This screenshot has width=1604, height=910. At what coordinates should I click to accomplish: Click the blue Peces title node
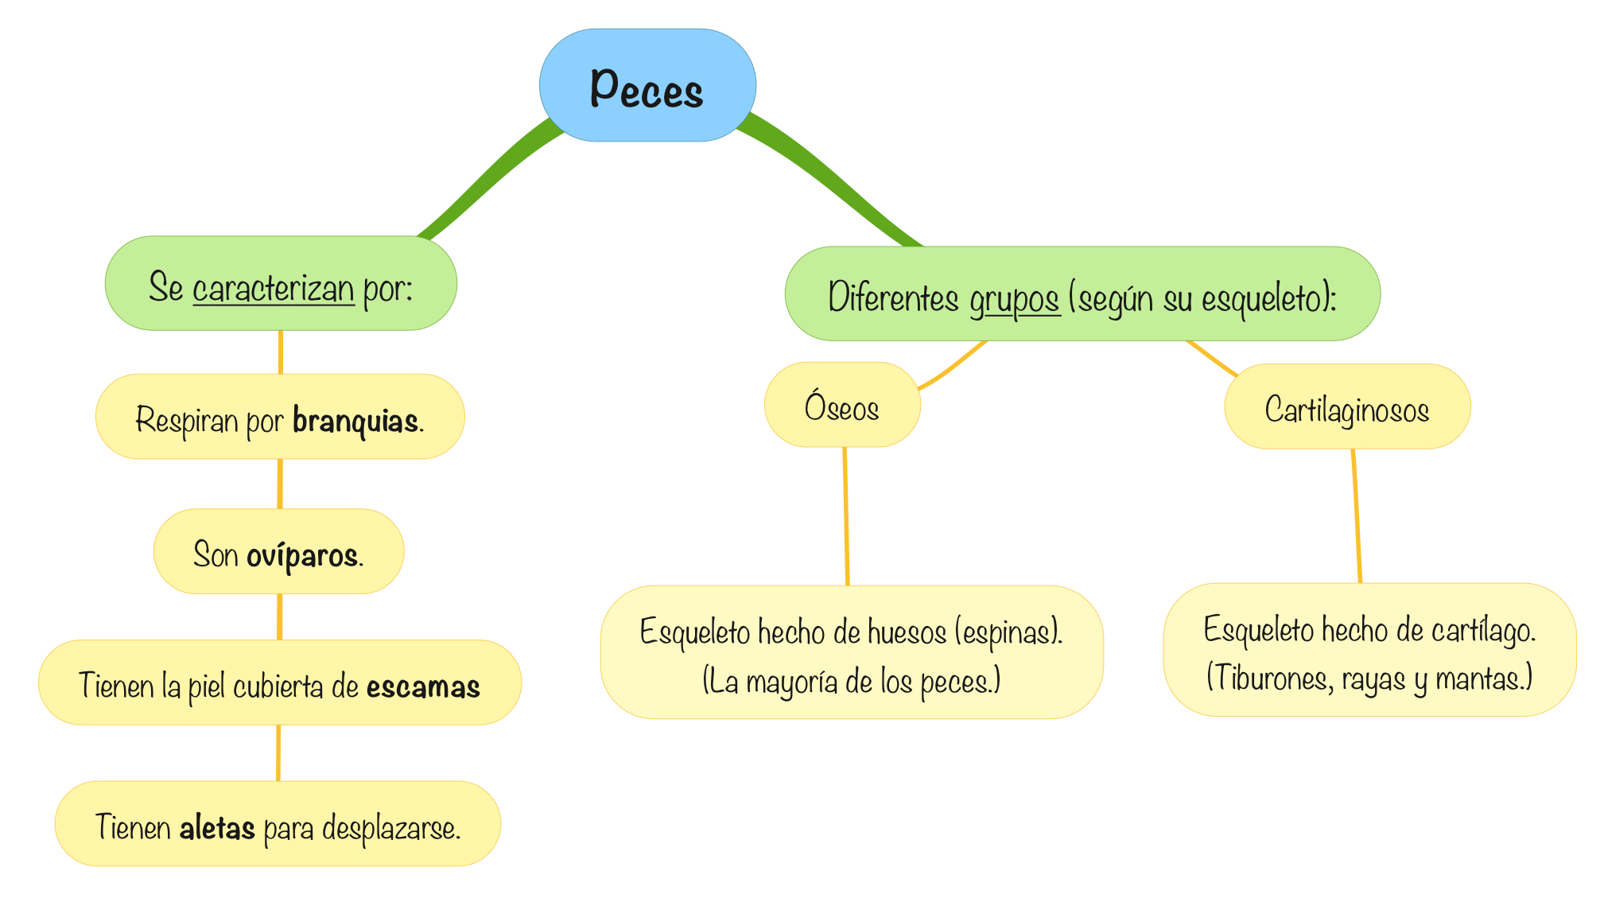click(x=647, y=86)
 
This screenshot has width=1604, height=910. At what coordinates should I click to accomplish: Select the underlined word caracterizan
click(x=273, y=288)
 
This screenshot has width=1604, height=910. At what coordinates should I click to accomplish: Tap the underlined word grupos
click(x=1014, y=299)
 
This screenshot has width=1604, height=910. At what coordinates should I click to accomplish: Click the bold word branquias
click(x=355, y=420)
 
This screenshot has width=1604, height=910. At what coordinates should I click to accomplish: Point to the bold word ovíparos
click(x=301, y=555)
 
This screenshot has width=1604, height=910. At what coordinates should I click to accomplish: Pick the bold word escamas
click(x=423, y=686)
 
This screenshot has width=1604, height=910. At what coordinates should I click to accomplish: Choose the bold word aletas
click(x=217, y=828)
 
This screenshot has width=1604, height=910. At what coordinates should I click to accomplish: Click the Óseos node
click(x=841, y=406)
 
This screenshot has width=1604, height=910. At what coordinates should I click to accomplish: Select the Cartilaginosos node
click(x=1346, y=409)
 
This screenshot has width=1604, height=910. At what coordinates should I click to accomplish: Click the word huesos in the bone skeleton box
click(x=907, y=632)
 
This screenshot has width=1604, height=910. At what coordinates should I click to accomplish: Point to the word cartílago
click(x=1482, y=630)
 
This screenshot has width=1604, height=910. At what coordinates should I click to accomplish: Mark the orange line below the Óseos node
click(x=846, y=517)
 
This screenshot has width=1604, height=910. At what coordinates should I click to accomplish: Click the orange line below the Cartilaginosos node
click(x=1357, y=517)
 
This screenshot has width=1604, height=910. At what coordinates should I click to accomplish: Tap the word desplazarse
click(x=390, y=829)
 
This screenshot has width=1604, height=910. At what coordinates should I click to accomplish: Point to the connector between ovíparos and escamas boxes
click(x=280, y=616)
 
